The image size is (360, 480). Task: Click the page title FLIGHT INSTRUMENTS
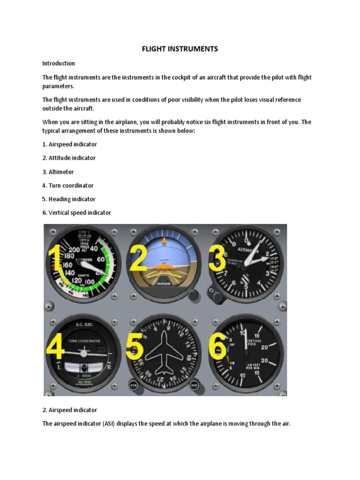[x=180, y=49]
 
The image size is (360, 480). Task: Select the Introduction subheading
[x=59, y=63]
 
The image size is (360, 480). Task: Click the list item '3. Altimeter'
[x=58, y=172]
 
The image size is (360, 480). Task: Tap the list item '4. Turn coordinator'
[x=68, y=185]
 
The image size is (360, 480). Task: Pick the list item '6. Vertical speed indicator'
[x=77, y=212]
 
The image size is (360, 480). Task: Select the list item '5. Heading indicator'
[x=68, y=199]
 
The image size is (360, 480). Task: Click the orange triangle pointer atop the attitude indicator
[x=164, y=241]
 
